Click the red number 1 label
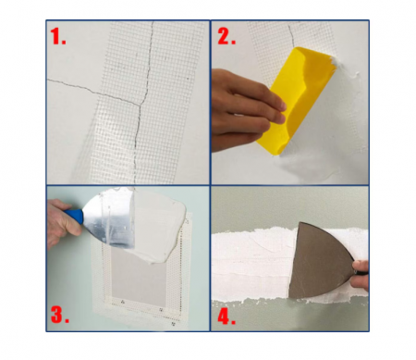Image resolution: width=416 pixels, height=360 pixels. [58, 36]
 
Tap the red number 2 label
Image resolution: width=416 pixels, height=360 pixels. [226, 36]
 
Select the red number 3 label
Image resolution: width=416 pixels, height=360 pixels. [60, 314]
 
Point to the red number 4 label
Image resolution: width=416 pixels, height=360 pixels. [226, 316]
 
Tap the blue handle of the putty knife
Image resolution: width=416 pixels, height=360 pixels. [75, 215]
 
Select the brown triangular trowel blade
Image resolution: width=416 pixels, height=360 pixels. [321, 262]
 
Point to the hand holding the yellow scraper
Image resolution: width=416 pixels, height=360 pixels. [243, 109]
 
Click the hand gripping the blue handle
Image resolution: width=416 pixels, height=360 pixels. [62, 222]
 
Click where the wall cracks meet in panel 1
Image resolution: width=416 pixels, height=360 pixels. [141, 105]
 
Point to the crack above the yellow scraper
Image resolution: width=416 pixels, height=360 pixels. [291, 35]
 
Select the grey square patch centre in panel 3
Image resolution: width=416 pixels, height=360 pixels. [139, 279]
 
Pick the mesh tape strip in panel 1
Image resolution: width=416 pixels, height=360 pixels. [145, 102]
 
